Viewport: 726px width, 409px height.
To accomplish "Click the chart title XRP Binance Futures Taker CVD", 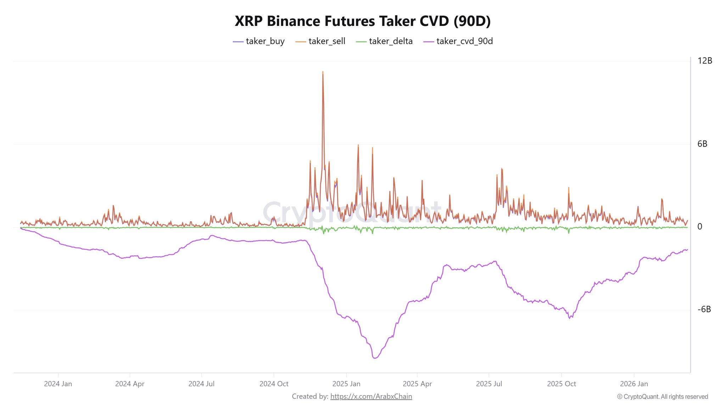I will (x=363, y=21).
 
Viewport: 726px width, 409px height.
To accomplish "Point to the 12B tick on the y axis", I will (x=704, y=61).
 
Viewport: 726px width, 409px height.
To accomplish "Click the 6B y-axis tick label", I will (x=702, y=144).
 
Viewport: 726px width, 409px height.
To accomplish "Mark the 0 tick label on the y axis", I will (x=700, y=227).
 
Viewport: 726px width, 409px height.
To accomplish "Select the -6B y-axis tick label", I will (x=704, y=309).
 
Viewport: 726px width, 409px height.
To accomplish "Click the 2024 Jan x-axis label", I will (x=58, y=384).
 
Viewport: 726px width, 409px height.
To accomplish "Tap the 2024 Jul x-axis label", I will (x=201, y=384).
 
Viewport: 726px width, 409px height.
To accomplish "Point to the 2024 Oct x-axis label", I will (x=274, y=384).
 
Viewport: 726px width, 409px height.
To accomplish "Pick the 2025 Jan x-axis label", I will (x=346, y=384).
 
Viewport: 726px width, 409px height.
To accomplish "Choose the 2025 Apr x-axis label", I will (x=417, y=384).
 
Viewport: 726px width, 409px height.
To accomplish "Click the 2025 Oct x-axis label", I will (x=561, y=384).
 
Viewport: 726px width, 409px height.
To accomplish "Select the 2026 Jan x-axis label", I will (x=634, y=384).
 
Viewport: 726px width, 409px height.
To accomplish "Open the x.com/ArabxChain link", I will (x=371, y=396).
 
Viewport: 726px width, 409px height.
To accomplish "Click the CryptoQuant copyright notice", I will (x=663, y=397).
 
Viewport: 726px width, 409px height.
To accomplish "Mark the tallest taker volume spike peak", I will (x=323, y=72).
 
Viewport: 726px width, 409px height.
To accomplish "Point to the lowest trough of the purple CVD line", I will (x=375, y=358).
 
